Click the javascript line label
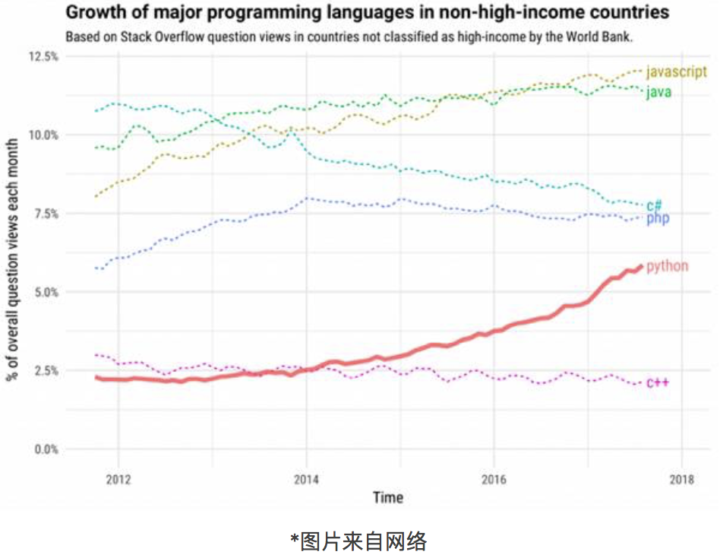click(676, 72)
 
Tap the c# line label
click(654, 205)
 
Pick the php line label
click(658, 219)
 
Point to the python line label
click(667, 266)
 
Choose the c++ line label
click(657, 382)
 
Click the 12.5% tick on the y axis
click(44, 57)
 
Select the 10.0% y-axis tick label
click(44, 135)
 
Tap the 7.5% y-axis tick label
click(46, 214)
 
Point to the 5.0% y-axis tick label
click(46, 292)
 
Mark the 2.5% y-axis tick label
click(46, 370)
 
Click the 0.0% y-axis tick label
click(46, 449)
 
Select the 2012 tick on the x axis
click(118, 480)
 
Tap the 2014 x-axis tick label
click(306, 480)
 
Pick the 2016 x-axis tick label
click(494, 480)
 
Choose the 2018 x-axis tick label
click(681, 480)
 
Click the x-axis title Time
click(387, 498)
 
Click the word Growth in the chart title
click(92, 13)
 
